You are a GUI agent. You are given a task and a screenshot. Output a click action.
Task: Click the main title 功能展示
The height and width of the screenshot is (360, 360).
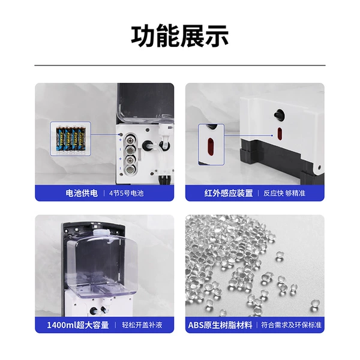point(180,36)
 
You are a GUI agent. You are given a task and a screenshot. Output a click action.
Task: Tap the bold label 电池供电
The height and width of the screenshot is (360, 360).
point(82,193)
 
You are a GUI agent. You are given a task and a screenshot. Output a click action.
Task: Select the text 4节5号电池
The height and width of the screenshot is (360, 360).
point(126,193)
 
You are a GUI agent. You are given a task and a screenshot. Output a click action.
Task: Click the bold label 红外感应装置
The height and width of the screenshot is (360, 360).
point(229,193)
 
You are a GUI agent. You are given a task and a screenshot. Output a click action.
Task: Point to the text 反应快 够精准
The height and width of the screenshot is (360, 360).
point(284,193)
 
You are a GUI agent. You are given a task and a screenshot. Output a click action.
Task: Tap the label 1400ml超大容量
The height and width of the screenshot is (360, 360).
point(78,325)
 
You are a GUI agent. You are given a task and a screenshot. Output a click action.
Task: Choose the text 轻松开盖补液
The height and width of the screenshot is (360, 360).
point(142,325)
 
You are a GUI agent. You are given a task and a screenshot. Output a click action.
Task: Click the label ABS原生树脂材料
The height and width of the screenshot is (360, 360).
point(220,325)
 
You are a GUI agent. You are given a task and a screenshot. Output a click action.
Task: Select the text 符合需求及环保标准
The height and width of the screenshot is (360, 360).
point(291,325)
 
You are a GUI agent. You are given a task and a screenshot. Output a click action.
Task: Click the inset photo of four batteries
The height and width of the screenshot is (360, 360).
point(70,139)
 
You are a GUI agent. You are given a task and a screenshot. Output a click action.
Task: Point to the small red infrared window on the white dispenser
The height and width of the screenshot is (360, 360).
point(280,134)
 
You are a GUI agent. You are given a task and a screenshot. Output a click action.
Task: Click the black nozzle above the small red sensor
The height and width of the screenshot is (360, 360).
point(279,114)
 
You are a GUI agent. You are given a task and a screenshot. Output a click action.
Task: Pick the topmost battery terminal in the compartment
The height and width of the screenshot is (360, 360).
point(130,139)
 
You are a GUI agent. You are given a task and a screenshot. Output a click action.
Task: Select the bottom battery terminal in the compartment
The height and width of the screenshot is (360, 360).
point(130,170)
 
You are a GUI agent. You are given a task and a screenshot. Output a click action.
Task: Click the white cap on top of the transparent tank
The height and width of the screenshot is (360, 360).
point(101,232)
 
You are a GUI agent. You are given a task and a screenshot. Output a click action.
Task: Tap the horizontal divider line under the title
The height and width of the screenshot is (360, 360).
point(180,65)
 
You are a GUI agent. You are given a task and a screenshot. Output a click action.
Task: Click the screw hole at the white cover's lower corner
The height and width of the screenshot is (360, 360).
point(319,167)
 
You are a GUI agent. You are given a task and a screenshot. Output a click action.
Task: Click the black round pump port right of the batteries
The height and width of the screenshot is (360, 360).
point(147,145)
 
